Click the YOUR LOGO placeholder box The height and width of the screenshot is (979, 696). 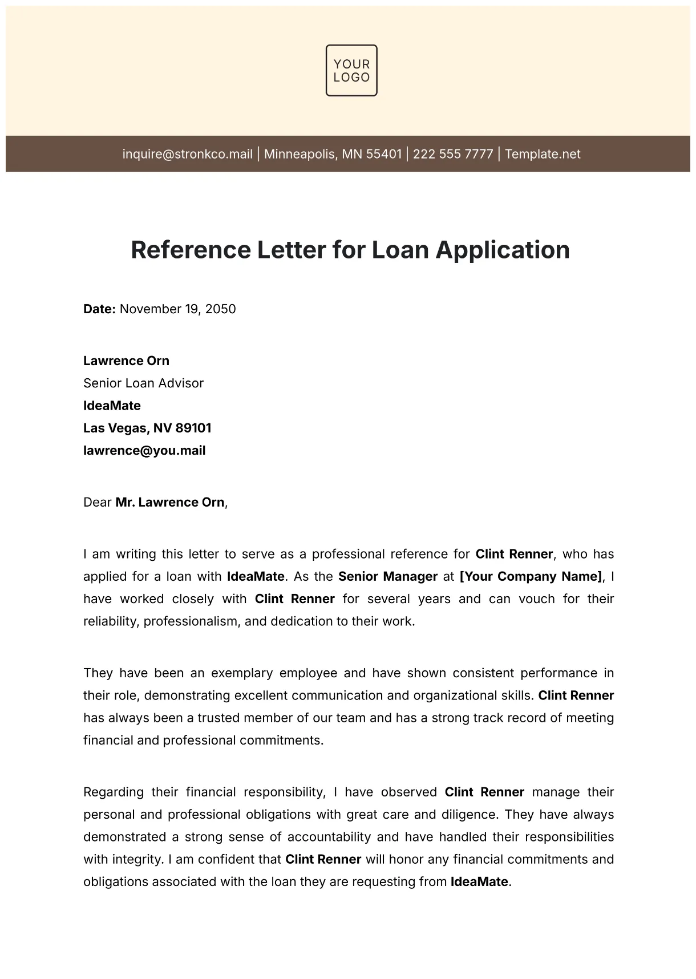[351, 70]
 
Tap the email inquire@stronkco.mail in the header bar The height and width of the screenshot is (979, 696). [187, 154]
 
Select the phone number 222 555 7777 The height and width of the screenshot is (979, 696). [453, 154]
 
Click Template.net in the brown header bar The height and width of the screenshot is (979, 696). [543, 154]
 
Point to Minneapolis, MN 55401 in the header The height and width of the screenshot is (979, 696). [333, 154]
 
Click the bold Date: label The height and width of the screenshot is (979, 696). [100, 309]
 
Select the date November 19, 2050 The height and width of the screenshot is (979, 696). [177, 309]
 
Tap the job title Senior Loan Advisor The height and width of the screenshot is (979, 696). [143, 383]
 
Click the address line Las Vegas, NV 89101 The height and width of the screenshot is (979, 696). [147, 428]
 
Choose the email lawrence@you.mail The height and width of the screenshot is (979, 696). [144, 451]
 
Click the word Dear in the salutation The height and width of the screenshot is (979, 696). [97, 503]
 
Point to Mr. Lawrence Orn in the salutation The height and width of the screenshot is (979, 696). [169, 503]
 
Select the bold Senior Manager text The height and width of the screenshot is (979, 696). [388, 576]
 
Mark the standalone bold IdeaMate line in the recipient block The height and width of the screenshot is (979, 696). [112, 406]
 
